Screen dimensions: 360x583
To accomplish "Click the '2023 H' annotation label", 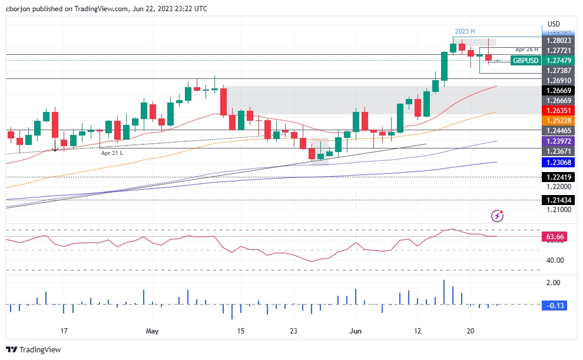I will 465,31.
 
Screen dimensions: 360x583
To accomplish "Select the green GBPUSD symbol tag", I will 525,61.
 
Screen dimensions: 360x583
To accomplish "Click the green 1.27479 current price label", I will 559,61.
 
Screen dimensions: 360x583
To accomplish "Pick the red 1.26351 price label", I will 559,110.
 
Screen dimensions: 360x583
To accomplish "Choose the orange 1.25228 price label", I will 559,120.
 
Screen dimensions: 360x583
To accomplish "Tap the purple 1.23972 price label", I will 559,142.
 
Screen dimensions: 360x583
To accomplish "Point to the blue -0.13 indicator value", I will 555,305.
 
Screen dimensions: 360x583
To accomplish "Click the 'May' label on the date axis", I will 152,331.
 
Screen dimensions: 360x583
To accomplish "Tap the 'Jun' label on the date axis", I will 356,331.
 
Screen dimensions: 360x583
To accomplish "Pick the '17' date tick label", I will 64,331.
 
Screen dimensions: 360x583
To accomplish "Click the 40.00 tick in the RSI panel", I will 555,260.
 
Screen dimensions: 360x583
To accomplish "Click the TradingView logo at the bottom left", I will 34,349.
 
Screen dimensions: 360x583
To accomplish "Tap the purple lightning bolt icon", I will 498,216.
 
